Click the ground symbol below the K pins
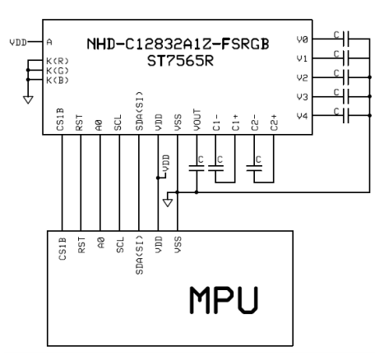click(29, 99)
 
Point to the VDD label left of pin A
click(16, 41)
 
